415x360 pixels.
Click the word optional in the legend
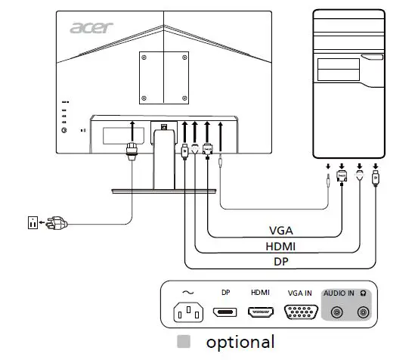[x=240, y=342]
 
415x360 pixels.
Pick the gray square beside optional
[x=182, y=342]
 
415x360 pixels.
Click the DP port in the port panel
[x=225, y=312]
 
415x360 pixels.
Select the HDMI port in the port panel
[x=260, y=312]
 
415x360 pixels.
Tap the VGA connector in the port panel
[x=300, y=312]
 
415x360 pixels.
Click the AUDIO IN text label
[x=339, y=292]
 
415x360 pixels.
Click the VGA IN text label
[x=300, y=292]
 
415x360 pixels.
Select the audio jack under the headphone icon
[x=364, y=312]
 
